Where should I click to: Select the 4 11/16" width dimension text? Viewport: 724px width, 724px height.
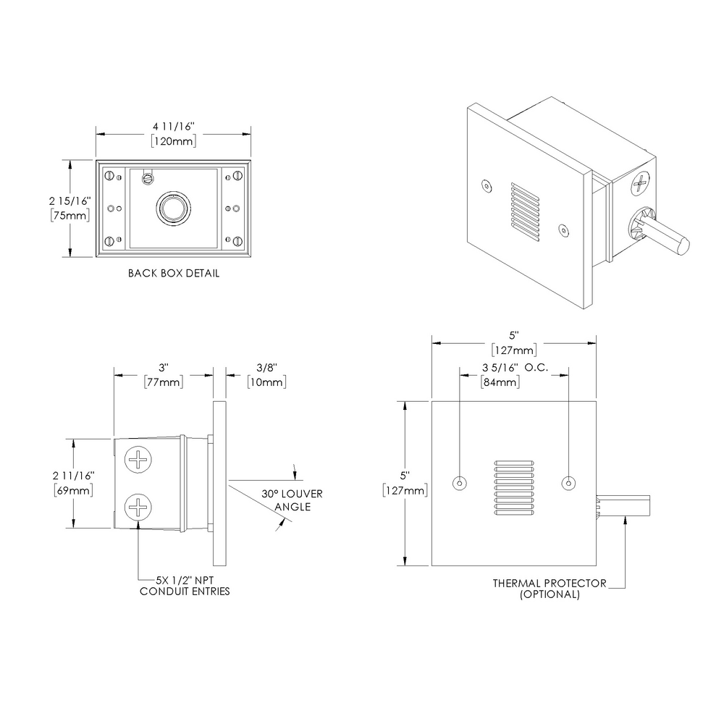(x=174, y=127)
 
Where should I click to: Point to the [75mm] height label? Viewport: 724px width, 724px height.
(x=70, y=215)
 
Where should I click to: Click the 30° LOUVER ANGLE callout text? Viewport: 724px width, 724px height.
(x=292, y=500)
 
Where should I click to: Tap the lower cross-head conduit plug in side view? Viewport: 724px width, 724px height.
(x=138, y=506)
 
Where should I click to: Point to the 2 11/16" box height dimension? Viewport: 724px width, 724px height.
(x=73, y=476)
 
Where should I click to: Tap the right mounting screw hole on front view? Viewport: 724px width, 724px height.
(x=569, y=483)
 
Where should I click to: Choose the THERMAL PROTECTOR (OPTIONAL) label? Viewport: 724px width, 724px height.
(x=550, y=588)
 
